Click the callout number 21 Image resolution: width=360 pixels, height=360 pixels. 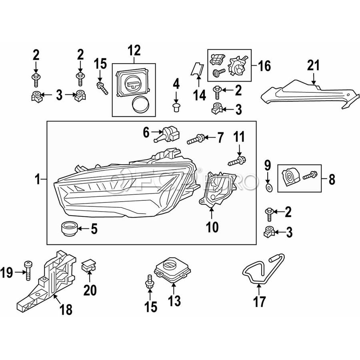pyautogui.click(x=313, y=66)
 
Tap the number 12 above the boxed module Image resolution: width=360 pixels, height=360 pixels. pyautogui.click(x=134, y=50)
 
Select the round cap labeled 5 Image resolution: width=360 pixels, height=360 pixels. pyautogui.click(x=69, y=228)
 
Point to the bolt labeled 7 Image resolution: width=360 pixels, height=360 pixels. pyautogui.click(x=196, y=139)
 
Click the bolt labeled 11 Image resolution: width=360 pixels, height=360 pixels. pyautogui.click(x=237, y=161)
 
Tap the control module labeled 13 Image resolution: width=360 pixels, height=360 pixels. pyautogui.click(x=173, y=271)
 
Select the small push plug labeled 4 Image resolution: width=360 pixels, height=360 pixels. pyautogui.click(x=176, y=107)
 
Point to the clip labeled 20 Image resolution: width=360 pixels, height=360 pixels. pyautogui.click(x=89, y=266)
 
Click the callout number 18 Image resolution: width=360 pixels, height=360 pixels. pyautogui.click(x=66, y=309)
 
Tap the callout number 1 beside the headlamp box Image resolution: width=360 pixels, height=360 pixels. pyautogui.click(x=38, y=179)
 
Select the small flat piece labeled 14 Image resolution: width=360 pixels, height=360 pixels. pyautogui.click(x=198, y=69)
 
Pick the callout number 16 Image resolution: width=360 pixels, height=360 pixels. pyautogui.click(x=264, y=66)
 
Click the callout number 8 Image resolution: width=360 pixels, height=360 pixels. pyautogui.click(x=332, y=179)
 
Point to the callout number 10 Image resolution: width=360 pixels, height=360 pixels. pyautogui.click(x=212, y=227)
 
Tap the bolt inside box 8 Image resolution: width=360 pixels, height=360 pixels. pyautogui.click(x=310, y=176)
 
